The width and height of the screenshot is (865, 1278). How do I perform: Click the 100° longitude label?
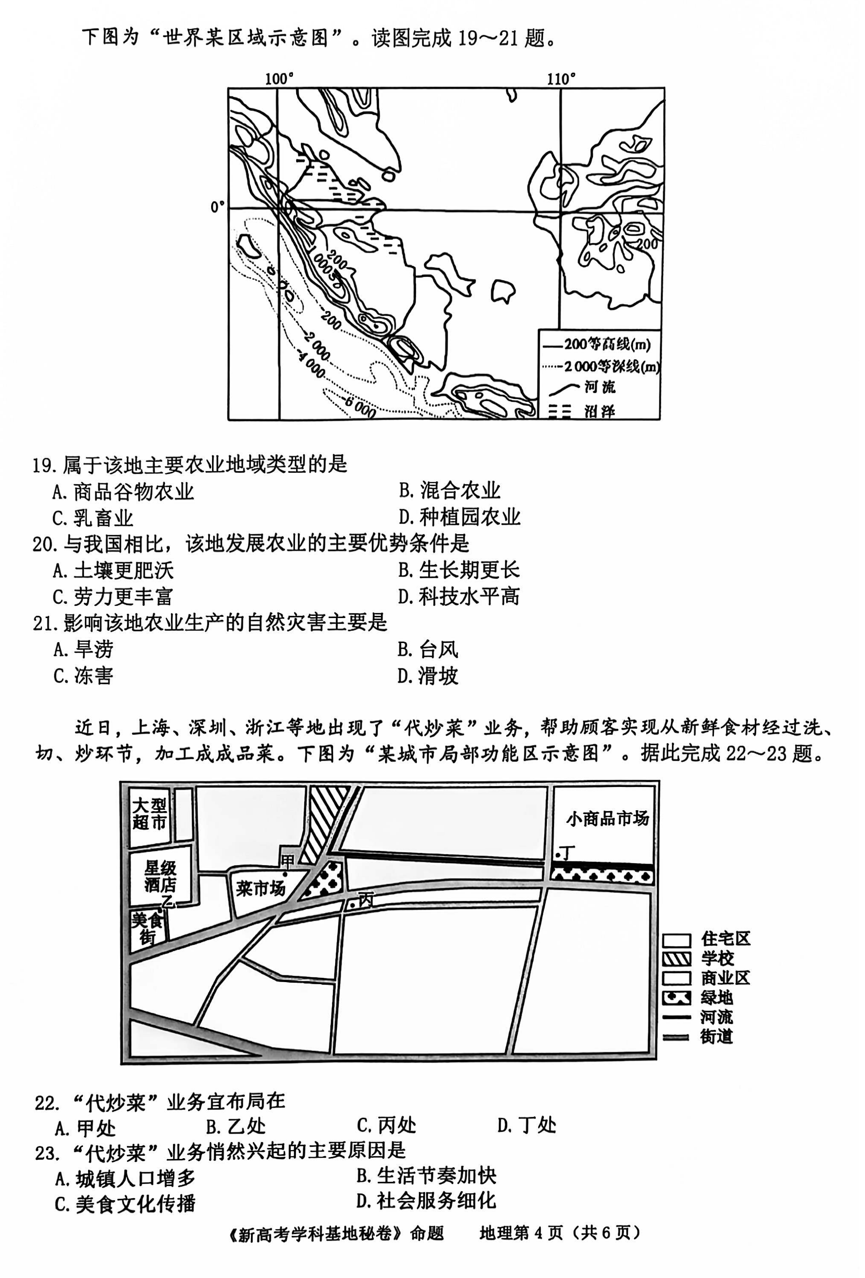278,79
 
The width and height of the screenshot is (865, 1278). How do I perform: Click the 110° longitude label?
561,79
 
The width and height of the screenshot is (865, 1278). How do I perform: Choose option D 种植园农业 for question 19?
460,517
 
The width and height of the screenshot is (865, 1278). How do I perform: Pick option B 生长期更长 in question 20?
459,570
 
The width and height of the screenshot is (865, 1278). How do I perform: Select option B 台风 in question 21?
428,649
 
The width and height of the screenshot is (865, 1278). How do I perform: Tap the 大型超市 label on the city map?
149,814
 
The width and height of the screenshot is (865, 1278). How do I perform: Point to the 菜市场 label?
261,888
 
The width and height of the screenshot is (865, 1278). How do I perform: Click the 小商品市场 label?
608,820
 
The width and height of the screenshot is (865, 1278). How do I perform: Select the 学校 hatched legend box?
676,958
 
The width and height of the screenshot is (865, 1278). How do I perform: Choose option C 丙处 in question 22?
386,1125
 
